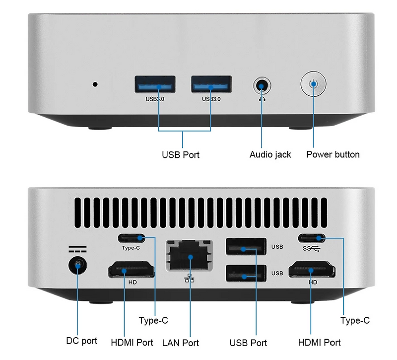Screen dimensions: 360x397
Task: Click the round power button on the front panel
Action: click(313, 84)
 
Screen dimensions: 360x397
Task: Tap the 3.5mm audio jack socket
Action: click(262, 85)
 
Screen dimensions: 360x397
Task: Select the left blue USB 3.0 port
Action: click(155, 84)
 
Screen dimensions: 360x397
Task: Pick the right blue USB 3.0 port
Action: click(211, 84)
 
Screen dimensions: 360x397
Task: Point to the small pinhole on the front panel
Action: click(95, 83)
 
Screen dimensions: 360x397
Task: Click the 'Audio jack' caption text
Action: click(270, 154)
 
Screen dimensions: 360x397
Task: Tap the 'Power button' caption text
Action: click(332, 154)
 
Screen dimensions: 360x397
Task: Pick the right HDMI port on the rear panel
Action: click(312, 271)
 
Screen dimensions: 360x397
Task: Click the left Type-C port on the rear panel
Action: click(132, 237)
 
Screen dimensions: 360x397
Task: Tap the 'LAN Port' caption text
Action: click(181, 343)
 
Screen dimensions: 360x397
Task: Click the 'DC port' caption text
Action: click(82, 341)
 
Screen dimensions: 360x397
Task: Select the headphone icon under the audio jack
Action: click(262, 98)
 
